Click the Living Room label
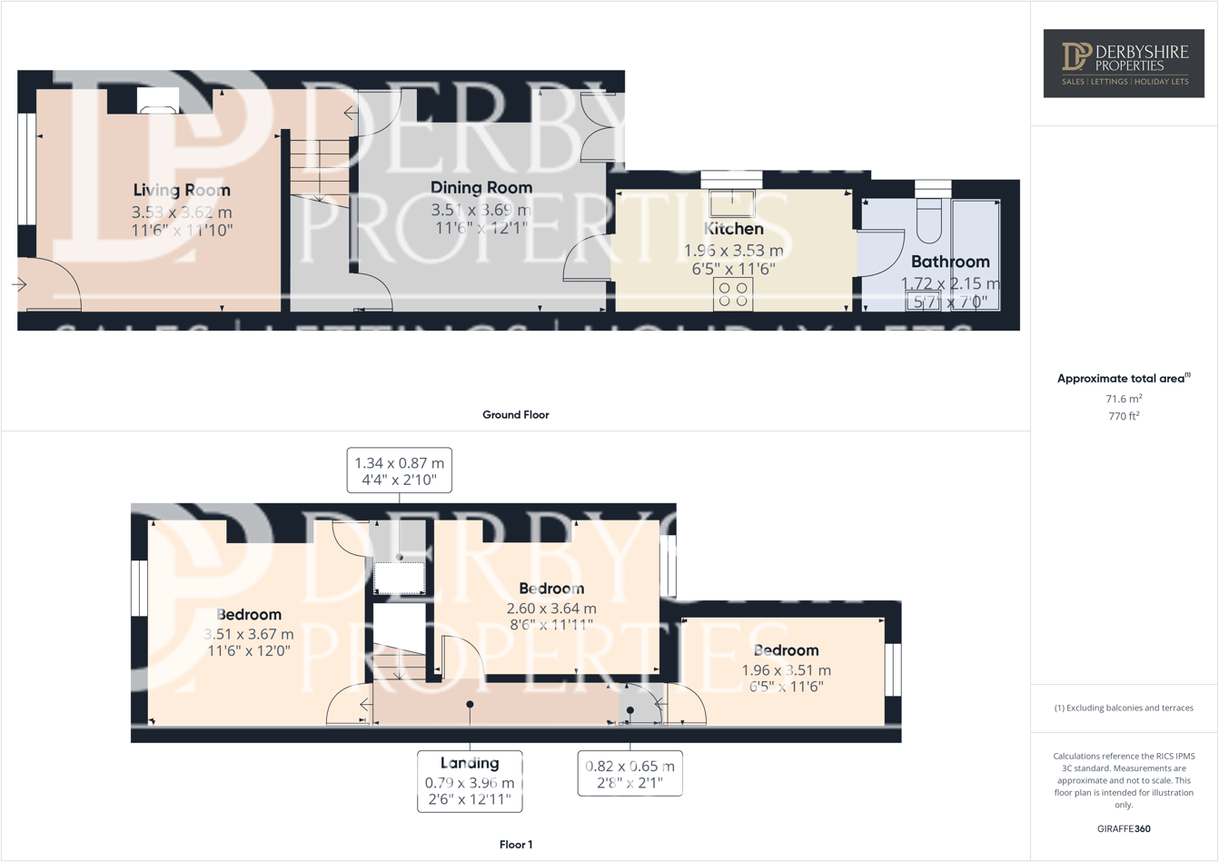[182, 190]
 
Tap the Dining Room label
[481, 187]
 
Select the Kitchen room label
[733, 229]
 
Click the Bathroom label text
[950, 262]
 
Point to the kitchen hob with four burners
[732, 294]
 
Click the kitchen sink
[731, 203]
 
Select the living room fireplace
[158, 101]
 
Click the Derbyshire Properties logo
[1124, 64]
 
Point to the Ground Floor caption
[515, 415]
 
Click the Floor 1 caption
[516, 845]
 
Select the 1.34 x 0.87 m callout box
[399, 471]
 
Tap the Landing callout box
[470, 781]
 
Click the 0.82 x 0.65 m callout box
[629, 773]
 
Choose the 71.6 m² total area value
[1124, 399]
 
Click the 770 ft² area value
[1124, 416]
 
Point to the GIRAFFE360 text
[1124, 828]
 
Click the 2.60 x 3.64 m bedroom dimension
[551, 609]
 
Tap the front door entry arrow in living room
[19, 284]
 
